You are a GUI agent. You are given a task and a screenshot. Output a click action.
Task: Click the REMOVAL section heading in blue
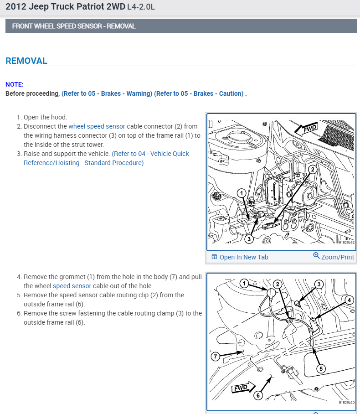tap(26, 61)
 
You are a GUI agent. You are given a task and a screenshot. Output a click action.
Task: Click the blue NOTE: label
tap(14, 84)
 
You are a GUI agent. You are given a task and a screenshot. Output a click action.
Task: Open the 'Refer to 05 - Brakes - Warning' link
tap(107, 93)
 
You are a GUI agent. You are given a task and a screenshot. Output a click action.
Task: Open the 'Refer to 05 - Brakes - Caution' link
tap(199, 93)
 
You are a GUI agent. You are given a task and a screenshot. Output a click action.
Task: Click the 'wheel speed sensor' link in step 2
tap(97, 126)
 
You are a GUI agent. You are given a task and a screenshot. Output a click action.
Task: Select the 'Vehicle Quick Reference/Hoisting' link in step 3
tap(107, 158)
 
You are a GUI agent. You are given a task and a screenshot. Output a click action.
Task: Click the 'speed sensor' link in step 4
tap(72, 286)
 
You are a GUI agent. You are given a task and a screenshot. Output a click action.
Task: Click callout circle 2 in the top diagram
tap(312, 169)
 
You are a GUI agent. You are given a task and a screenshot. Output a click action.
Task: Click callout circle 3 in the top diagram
tap(249, 238)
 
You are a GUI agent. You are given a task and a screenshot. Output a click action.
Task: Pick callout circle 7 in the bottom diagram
tap(216, 357)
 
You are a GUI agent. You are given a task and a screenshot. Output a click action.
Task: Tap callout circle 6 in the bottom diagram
tap(258, 395)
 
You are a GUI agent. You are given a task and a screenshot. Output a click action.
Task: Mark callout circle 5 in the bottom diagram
tap(321, 368)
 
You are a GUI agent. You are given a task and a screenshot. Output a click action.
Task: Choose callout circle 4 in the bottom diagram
tap(349, 300)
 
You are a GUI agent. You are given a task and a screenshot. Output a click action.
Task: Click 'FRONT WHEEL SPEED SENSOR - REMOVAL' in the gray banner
tap(74, 26)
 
